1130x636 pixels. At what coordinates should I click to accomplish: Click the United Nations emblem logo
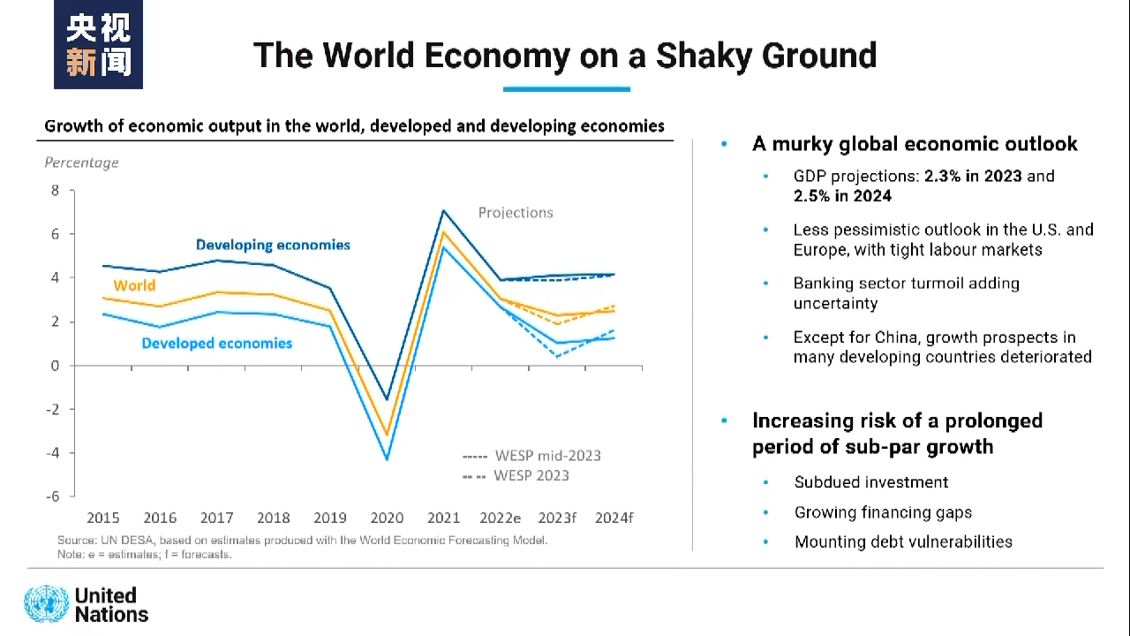[x=46, y=604]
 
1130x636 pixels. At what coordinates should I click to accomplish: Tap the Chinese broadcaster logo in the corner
[x=98, y=45]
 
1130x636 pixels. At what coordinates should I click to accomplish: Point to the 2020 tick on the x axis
[x=387, y=518]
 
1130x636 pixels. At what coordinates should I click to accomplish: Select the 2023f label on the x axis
[x=557, y=518]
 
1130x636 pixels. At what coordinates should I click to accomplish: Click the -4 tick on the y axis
[x=54, y=453]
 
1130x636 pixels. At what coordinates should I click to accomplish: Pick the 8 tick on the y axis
[x=55, y=191]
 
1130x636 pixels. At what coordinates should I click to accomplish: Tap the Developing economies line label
[x=273, y=245]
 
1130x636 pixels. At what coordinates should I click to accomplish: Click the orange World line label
[x=134, y=285]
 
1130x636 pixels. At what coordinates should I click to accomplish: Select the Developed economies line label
[x=216, y=343]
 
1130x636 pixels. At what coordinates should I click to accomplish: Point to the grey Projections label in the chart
[x=516, y=213]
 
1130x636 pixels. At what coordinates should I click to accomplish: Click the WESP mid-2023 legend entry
[x=531, y=456]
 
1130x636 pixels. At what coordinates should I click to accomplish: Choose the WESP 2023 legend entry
[x=516, y=475]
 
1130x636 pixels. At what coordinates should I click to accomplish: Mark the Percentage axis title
[x=81, y=163]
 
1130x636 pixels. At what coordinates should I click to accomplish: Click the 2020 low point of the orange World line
[x=387, y=435]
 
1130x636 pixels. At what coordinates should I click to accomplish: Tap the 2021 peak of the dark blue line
[x=443, y=210]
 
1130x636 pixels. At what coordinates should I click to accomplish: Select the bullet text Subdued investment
[x=871, y=482]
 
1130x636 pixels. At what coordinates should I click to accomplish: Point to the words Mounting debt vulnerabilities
[x=903, y=541]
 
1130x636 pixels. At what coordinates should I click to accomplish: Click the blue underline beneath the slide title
[x=567, y=89]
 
